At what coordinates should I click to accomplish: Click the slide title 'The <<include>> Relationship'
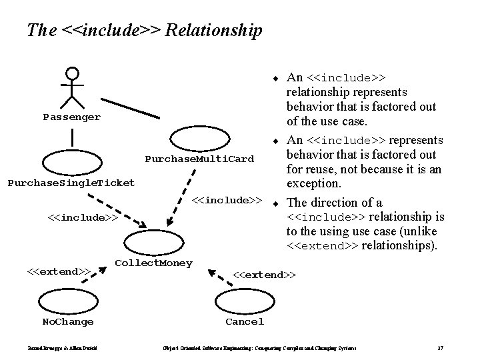(x=144, y=30)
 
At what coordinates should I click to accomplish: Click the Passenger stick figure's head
(x=72, y=73)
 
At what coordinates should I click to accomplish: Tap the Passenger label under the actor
(x=72, y=117)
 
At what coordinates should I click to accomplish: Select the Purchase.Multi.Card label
(x=199, y=159)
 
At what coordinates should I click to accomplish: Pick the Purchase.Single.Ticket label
(x=70, y=183)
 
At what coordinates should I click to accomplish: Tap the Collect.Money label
(x=154, y=263)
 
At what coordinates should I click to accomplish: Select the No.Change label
(x=68, y=322)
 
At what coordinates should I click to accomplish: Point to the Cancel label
(x=245, y=322)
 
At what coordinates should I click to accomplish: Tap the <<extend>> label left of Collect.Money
(x=58, y=271)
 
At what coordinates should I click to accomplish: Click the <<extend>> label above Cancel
(x=264, y=274)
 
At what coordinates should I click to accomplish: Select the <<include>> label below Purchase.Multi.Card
(x=226, y=200)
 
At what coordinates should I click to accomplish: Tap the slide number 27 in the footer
(x=441, y=348)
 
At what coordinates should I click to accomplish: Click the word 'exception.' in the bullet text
(x=313, y=183)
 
